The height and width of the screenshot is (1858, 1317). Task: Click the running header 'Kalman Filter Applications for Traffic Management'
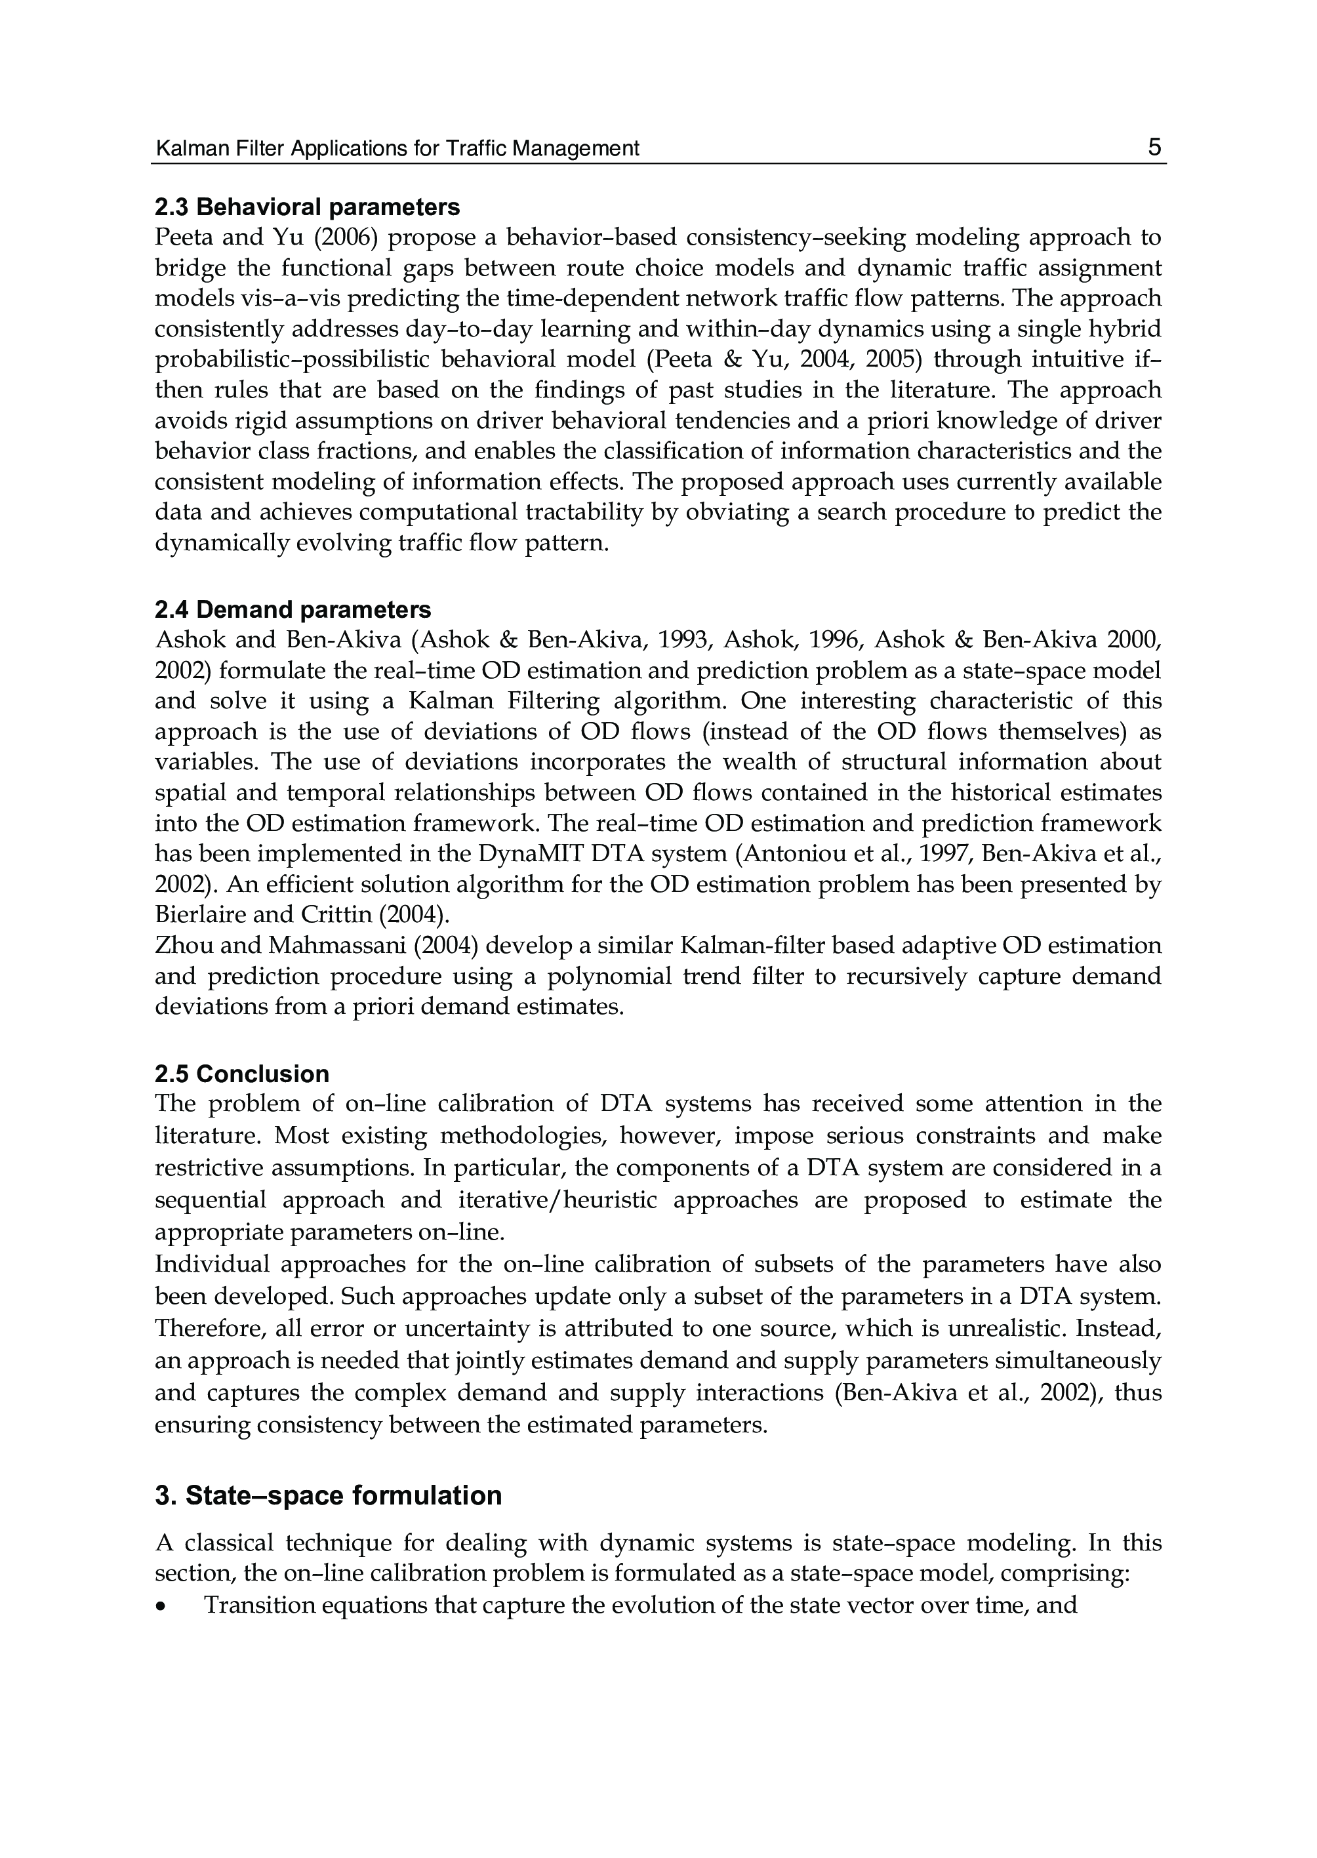pyautogui.click(x=397, y=148)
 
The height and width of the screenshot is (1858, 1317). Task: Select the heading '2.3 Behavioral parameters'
pyautogui.click(x=308, y=208)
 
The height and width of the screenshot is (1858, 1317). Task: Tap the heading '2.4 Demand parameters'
pyautogui.click(x=293, y=609)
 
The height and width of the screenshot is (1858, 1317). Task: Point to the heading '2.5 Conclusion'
pyautogui.click(x=241, y=1074)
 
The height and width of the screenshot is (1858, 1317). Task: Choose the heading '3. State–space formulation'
pyautogui.click(x=329, y=1495)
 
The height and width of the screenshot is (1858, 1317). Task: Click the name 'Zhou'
pyautogui.click(x=182, y=946)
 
